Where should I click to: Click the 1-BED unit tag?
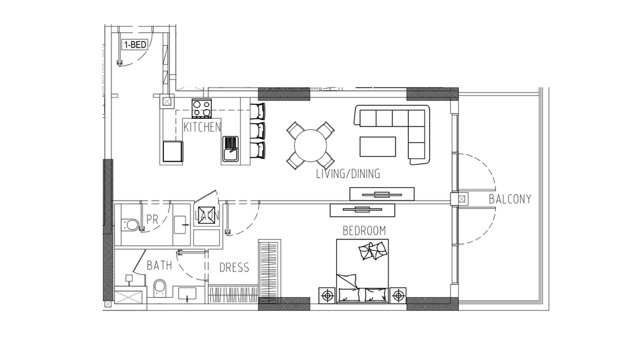click(134, 45)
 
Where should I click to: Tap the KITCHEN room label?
click(202, 128)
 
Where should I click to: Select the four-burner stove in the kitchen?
click(202, 108)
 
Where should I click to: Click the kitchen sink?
click(230, 149)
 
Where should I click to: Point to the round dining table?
click(310, 145)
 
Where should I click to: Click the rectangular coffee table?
click(377, 147)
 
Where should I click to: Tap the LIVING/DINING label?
click(348, 174)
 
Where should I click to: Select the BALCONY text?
click(510, 200)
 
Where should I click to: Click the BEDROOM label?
click(364, 231)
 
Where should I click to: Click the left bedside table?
click(327, 296)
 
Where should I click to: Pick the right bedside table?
click(398, 296)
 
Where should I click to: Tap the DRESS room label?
click(234, 267)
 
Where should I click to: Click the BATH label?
click(159, 266)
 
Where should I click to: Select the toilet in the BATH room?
click(159, 289)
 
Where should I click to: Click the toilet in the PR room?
click(130, 225)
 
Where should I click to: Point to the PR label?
click(152, 220)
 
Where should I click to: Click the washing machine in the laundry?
click(206, 216)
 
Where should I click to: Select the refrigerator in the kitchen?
click(173, 152)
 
